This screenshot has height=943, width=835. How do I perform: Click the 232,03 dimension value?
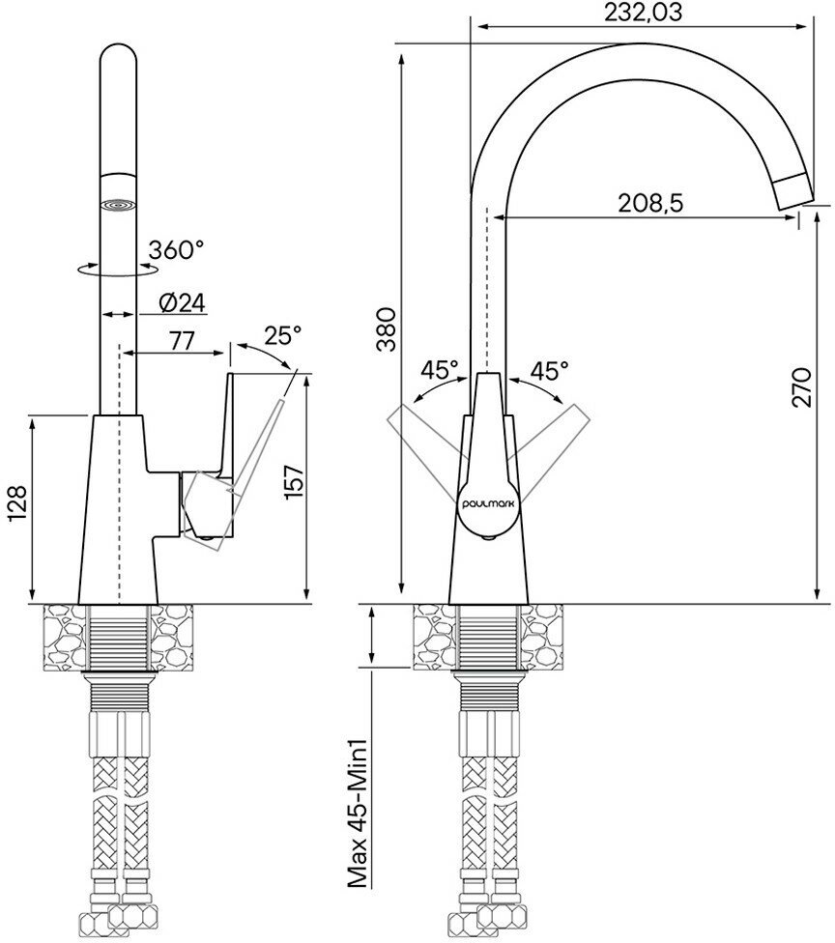643,12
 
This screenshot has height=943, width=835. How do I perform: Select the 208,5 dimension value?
650,203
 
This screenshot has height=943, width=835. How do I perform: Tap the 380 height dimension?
387,329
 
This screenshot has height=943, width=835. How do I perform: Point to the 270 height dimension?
801,387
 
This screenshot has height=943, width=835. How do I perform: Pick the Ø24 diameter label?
183,303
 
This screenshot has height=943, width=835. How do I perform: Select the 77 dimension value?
182,341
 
